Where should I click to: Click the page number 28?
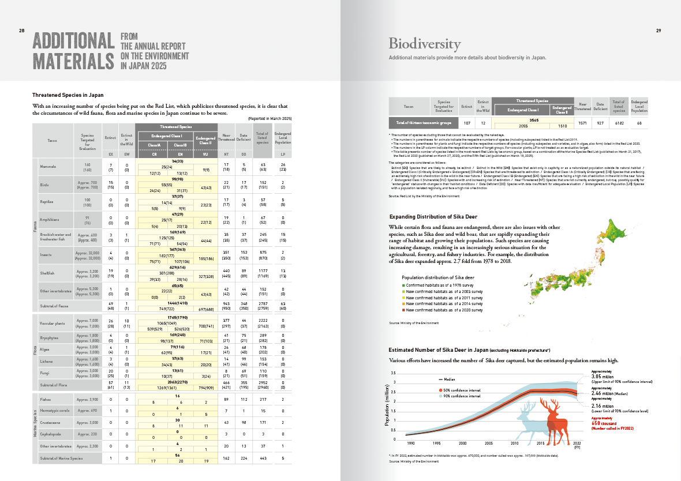click(x=21, y=31)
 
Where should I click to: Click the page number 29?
click(x=658, y=31)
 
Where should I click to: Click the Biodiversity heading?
click(x=424, y=44)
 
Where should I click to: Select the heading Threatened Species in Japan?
click(x=68, y=95)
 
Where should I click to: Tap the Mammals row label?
click(x=48, y=166)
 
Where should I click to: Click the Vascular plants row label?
click(x=53, y=324)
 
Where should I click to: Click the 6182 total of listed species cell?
click(x=618, y=123)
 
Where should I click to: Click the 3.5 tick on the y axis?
click(x=393, y=373)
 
